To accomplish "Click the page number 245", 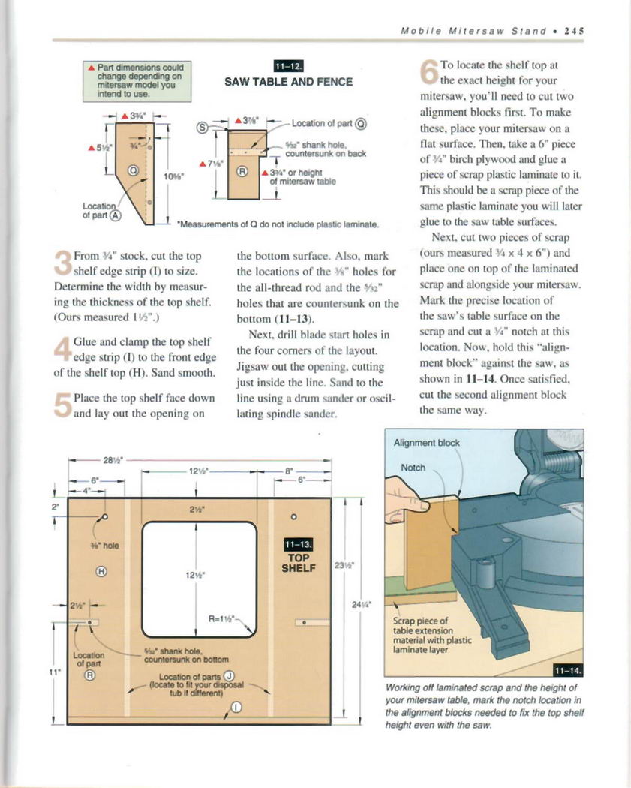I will click(575, 32).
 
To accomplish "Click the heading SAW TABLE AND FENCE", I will click(289, 82).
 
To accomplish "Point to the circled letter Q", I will click(133, 171).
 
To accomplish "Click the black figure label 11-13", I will click(298, 545).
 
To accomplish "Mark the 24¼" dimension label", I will click(365, 610).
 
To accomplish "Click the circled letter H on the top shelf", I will click(101, 573).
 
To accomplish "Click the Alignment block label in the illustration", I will click(427, 443).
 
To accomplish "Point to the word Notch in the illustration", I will click(413, 468).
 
